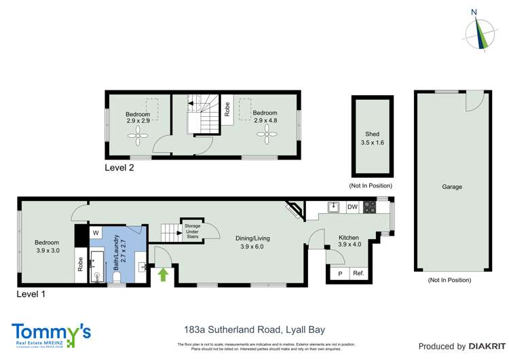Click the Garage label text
[451, 187]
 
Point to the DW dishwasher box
[352, 206]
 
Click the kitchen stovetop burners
[370, 206]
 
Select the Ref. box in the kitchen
[358, 274]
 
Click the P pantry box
[339, 274]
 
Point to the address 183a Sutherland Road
[254, 330]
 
